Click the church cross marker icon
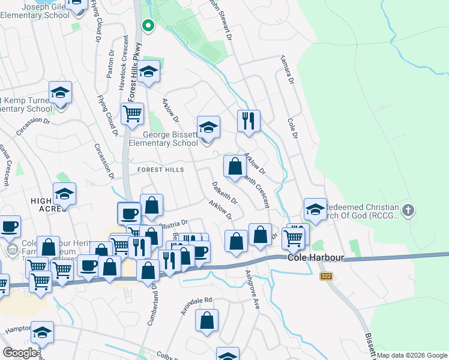tap(408, 210)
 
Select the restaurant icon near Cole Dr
tap(248, 121)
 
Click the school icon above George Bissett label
tap(208, 128)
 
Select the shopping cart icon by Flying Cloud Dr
tap(132, 112)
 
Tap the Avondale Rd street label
tap(197, 307)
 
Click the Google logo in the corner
tap(20, 353)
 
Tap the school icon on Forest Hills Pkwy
tap(148, 73)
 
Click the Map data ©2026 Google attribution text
tap(412, 355)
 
